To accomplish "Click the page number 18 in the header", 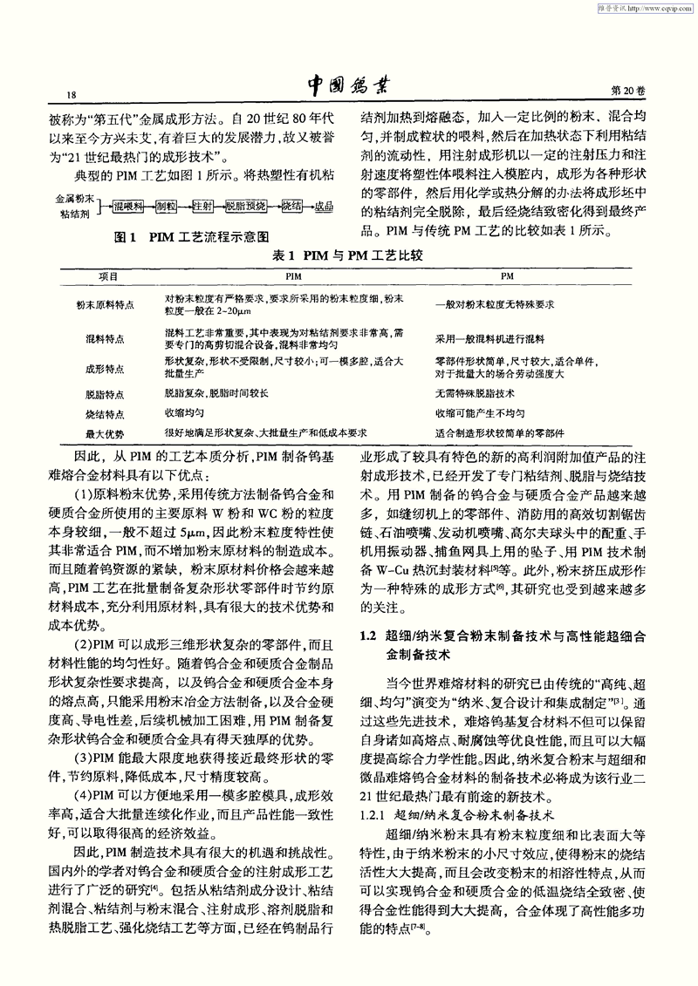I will tap(60, 93).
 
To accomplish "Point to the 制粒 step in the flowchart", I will tap(166, 206).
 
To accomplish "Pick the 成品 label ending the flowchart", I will tap(324, 206).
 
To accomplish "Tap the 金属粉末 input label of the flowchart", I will tap(72, 198).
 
